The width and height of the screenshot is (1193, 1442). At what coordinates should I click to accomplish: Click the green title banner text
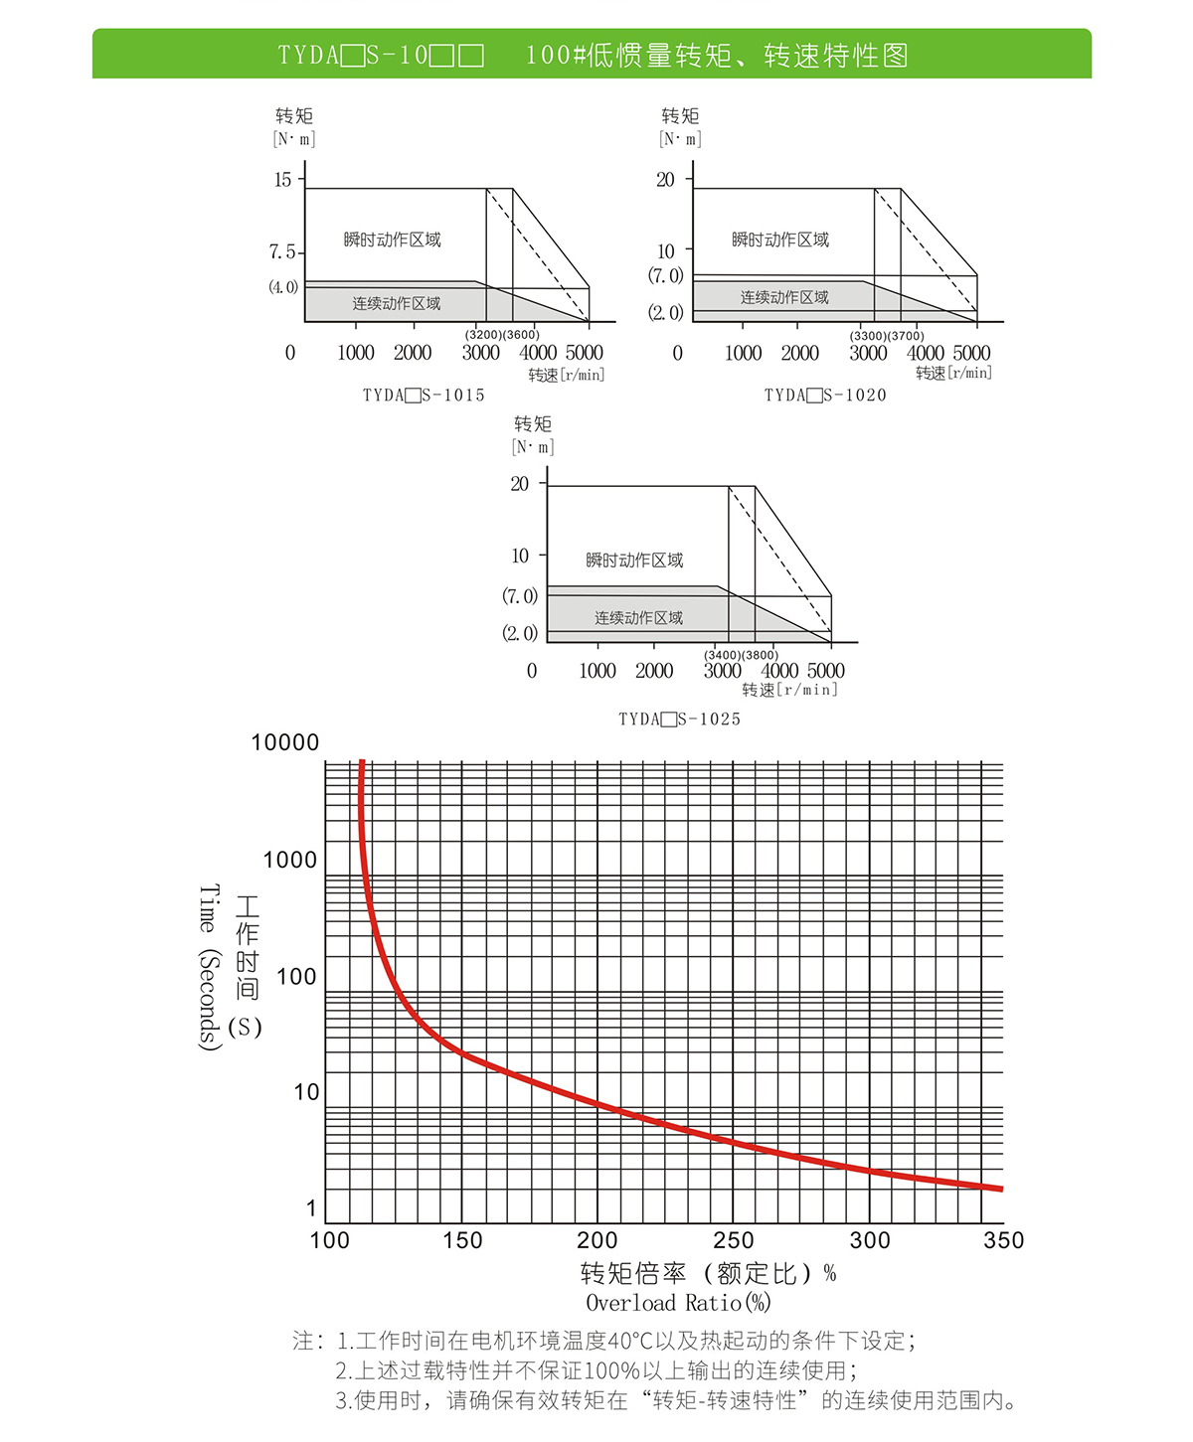tap(593, 55)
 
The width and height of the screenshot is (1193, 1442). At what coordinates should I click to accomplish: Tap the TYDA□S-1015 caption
tap(424, 396)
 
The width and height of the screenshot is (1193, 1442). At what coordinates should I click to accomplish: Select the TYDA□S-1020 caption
tap(825, 396)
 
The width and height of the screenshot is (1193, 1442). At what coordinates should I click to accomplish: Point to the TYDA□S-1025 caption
tap(680, 720)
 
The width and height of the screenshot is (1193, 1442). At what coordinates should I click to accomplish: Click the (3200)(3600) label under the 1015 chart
tap(502, 335)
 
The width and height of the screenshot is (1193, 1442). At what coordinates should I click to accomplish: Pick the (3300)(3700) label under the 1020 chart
tap(887, 336)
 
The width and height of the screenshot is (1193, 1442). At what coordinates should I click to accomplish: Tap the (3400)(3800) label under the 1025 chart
tap(742, 655)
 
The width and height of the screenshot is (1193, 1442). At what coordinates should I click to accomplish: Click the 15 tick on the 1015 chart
tap(283, 180)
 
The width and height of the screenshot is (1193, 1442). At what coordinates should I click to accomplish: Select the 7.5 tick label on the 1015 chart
tap(282, 252)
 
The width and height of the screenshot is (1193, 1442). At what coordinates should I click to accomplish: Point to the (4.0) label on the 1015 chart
tap(283, 287)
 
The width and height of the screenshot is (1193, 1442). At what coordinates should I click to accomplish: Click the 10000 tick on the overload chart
tap(285, 743)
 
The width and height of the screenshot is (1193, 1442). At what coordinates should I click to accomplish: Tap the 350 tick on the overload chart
tap(1003, 1240)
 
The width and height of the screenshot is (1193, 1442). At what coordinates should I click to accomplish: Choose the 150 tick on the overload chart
tap(462, 1240)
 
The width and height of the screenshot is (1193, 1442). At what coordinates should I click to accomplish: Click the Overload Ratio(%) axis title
tap(678, 1303)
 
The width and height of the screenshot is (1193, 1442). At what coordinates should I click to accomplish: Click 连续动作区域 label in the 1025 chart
tap(638, 618)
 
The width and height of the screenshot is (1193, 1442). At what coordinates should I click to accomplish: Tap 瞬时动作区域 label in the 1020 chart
tap(780, 240)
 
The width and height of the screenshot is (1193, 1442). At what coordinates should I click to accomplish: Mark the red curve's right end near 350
tap(999, 1189)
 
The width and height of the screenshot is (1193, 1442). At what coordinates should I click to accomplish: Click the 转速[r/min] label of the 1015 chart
tap(566, 375)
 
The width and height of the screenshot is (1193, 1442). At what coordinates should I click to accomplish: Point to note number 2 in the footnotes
tap(343, 1371)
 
